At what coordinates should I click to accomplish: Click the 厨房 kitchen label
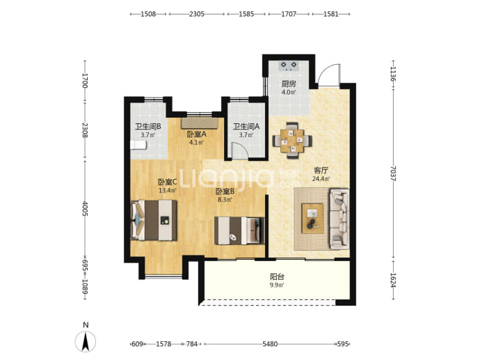[289, 84]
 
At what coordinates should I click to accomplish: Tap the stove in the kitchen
[289, 66]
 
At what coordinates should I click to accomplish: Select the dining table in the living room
[292, 141]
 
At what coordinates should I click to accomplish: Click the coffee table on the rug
[312, 219]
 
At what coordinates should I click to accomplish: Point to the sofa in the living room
[339, 219]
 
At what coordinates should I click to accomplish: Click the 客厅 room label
[321, 171]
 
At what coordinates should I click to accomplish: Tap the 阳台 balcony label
[277, 276]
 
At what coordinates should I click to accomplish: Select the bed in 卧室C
[154, 220]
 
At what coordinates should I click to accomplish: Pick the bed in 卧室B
[239, 230]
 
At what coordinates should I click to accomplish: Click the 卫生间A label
[246, 126]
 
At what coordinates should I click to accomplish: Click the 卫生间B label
[148, 126]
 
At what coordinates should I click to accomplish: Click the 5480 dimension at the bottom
[270, 344]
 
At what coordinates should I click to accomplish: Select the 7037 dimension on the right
[394, 173]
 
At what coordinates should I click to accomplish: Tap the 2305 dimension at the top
[197, 14]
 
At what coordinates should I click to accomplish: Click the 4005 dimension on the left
[85, 208]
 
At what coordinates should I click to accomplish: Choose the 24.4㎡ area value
[321, 179]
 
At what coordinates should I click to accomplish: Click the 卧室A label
[197, 134]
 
